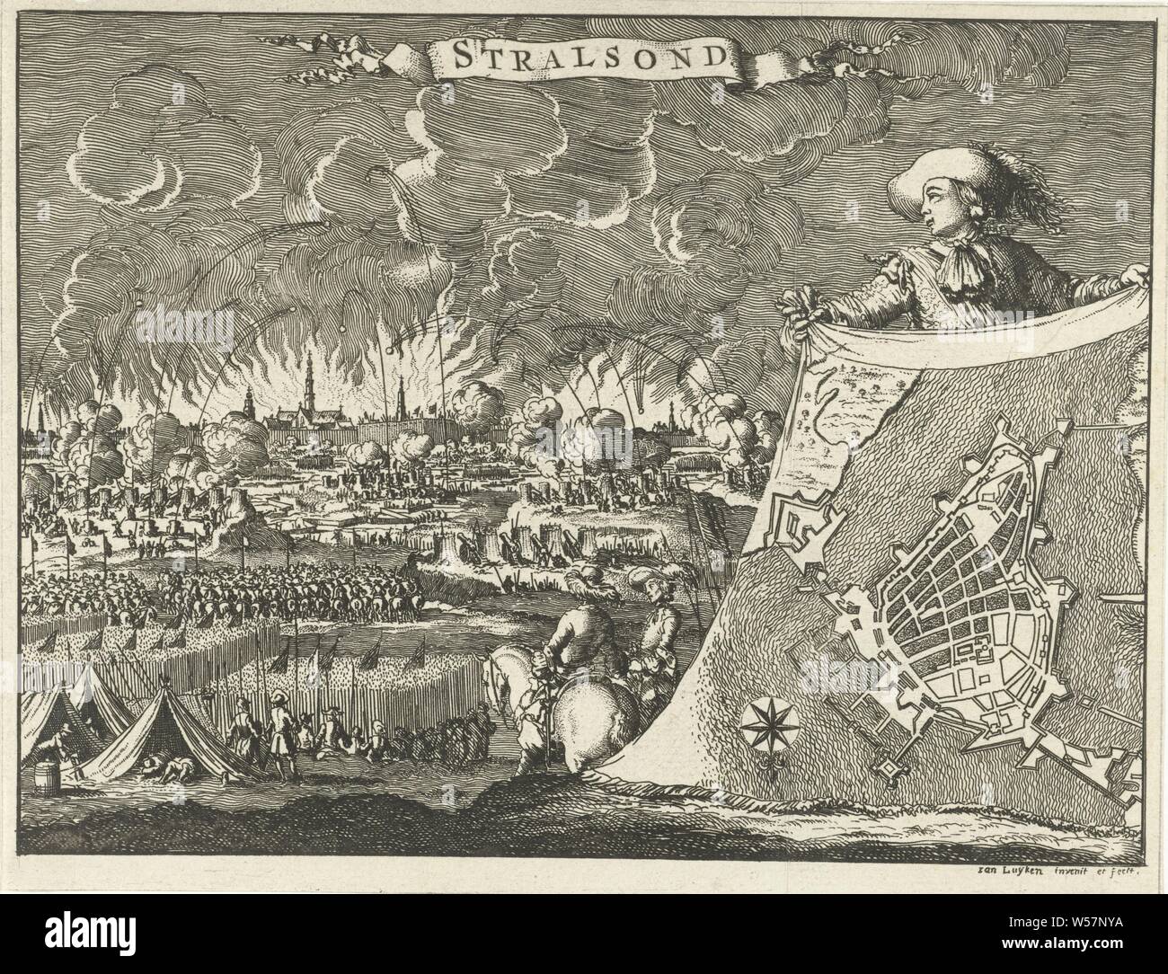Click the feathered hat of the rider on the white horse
click(592, 577)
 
